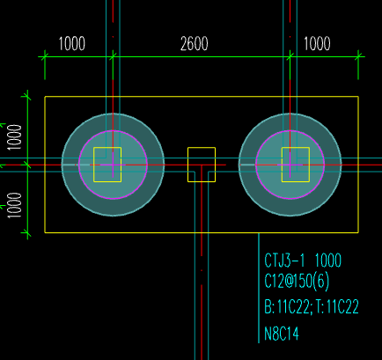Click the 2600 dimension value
click(x=195, y=44)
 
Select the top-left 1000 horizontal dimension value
click(x=72, y=44)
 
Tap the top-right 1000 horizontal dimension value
click(x=317, y=44)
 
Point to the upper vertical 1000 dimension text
click(x=15, y=137)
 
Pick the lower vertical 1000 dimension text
click(x=15, y=205)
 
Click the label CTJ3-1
click(x=284, y=261)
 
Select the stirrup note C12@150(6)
click(x=297, y=281)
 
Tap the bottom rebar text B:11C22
click(x=287, y=307)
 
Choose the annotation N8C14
click(x=282, y=334)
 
